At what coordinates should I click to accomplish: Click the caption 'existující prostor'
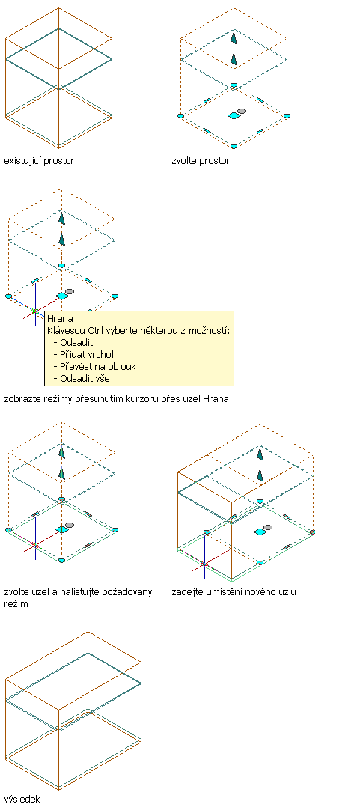coord(39,161)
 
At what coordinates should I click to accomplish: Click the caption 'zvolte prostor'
coord(201,161)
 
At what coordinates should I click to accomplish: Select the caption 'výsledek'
coord(22,799)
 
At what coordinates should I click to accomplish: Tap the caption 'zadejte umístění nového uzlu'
coord(234,592)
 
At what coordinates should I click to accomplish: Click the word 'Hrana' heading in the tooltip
coord(60,319)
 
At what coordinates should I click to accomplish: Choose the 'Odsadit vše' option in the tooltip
coord(85,378)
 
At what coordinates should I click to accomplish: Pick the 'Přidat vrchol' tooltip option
coord(87,354)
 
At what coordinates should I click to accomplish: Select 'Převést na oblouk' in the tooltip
coord(98,366)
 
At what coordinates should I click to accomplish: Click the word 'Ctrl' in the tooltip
coord(93,331)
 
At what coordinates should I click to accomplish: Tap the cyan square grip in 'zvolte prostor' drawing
coord(234,116)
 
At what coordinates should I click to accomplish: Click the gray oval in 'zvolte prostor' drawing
coord(242,111)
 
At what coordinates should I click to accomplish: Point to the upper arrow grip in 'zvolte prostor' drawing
coord(234,38)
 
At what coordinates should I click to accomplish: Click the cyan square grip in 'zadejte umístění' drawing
coord(260,532)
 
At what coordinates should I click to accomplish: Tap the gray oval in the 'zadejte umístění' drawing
coord(268,528)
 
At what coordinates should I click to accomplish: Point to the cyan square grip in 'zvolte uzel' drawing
coord(62,529)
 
